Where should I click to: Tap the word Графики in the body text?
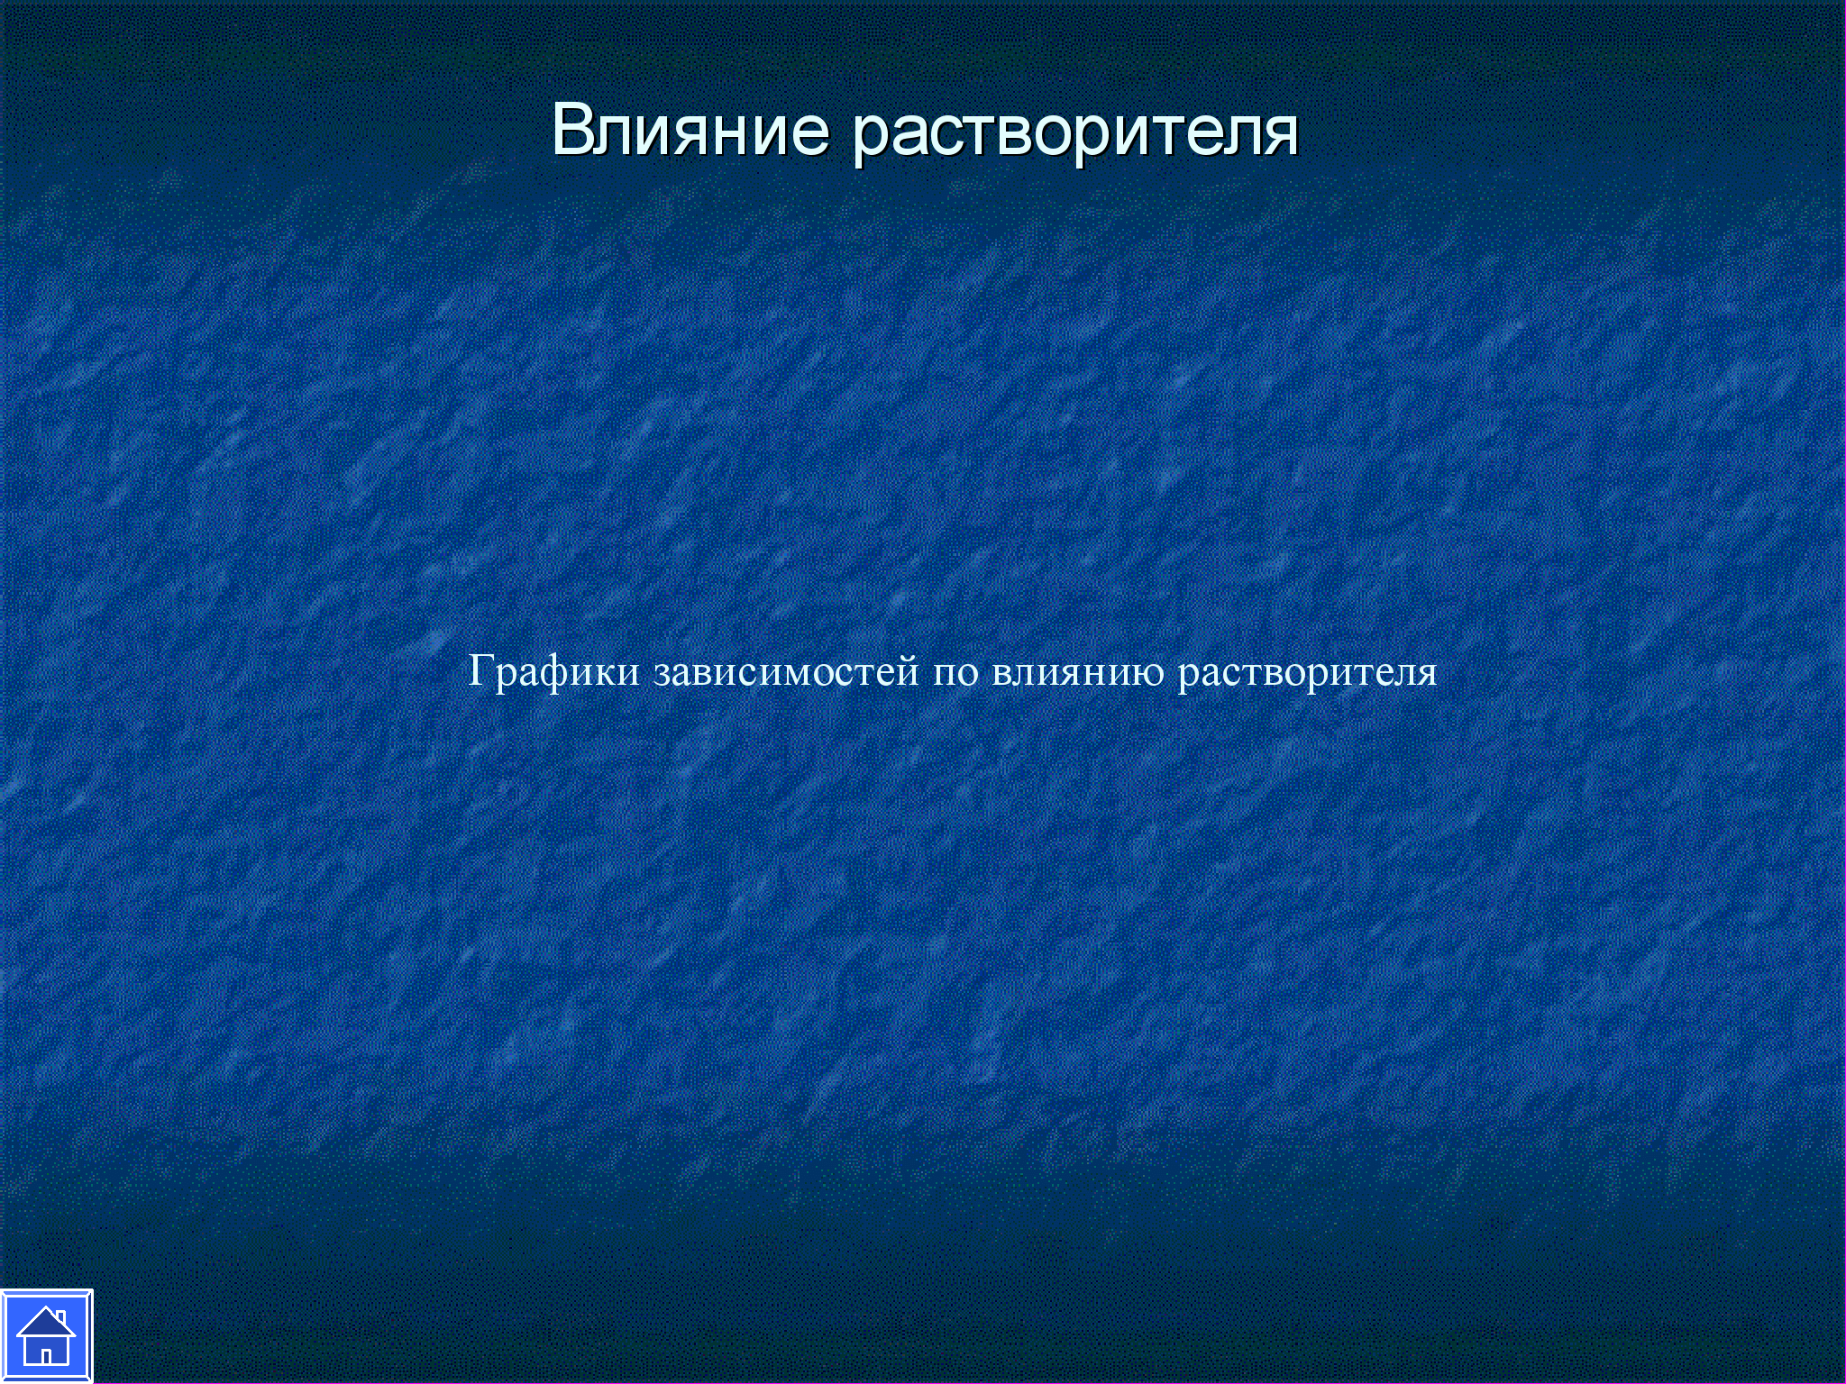pos(554,671)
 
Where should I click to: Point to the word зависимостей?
pos(787,672)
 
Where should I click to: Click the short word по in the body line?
pos(955,675)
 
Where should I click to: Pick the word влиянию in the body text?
pos(1078,675)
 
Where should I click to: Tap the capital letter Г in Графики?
pos(480,671)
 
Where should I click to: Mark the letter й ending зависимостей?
pos(908,672)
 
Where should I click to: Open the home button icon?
pos(46,1336)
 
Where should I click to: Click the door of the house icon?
pos(45,1355)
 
